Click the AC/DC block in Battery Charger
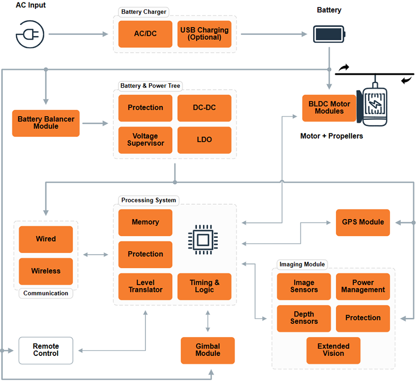145,34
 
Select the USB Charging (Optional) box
204,34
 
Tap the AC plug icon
30,33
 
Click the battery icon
330,34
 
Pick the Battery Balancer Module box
46,123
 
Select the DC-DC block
204,108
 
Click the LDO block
204,140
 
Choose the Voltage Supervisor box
145,140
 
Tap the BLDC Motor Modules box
329,108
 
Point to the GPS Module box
363,222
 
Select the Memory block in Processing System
145,223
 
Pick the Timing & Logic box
204,287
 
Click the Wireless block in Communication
46,271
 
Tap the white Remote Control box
46,350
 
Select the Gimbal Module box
208,350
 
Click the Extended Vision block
333,350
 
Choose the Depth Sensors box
304,318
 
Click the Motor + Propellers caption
331,136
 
